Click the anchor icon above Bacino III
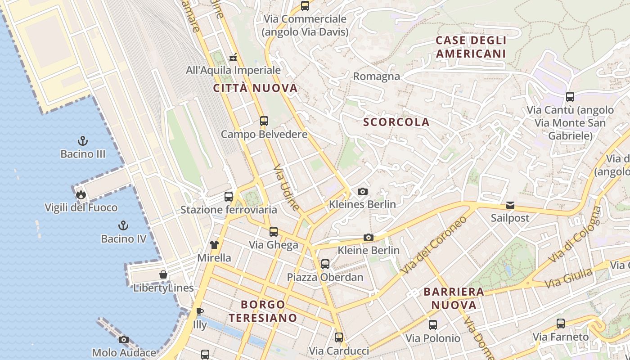[82, 141]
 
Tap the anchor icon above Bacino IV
[123, 225]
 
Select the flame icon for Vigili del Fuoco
[81, 194]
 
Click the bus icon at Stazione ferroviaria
[229, 197]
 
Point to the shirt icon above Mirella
[214, 245]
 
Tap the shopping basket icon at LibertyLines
[163, 275]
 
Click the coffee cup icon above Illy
[200, 311]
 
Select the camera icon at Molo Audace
[124, 340]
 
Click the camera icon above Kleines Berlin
[362, 191]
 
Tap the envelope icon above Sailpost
[510, 205]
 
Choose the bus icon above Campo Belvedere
[264, 121]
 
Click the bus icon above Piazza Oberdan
[325, 264]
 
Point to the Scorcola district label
[396, 122]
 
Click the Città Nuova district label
[255, 88]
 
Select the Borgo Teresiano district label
[263, 311]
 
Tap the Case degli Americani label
[471, 47]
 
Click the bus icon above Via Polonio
[433, 325]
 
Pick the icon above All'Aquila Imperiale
[233, 57]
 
